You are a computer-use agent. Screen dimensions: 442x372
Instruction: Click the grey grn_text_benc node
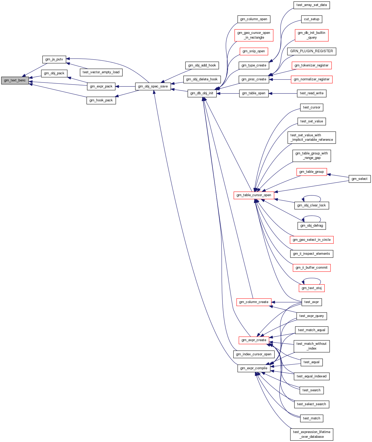pyautogui.click(x=15, y=80)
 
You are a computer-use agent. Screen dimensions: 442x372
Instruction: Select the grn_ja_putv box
pyautogui.click(x=54, y=59)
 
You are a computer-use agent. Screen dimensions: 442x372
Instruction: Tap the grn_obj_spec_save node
pyautogui.click(x=153, y=86)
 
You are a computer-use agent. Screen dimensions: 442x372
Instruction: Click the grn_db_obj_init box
pyautogui.click(x=202, y=93)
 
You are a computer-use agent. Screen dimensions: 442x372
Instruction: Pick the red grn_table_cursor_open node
pyautogui.click(x=254, y=195)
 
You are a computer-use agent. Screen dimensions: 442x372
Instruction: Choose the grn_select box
pyautogui.click(x=359, y=179)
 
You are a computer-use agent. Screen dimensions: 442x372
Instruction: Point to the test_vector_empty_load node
pyautogui.click(x=101, y=72)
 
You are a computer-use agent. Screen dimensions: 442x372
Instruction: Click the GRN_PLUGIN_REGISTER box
pyautogui.click(x=312, y=51)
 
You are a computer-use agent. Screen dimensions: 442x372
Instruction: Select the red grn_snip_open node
pyautogui.click(x=254, y=51)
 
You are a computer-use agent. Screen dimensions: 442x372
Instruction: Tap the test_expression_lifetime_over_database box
pyautogui.click(x=312, y=434)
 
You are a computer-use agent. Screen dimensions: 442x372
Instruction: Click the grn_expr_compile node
pyautogui.click(x=254, y=368)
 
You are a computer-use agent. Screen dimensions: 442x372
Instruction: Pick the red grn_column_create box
pyautogui.click(x=254, y=302)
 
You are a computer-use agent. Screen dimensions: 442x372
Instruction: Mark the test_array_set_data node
pyautogui.click(x=312, y=5)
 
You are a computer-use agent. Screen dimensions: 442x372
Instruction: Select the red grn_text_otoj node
pyautogui.click(x=312, y=288)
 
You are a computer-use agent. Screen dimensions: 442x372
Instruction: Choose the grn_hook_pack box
pyautogui.click(x=101, y=100)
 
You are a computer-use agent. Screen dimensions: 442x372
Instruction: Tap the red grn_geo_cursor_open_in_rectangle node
pyautogui.click(x=254, y=35)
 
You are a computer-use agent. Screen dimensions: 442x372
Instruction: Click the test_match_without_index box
pyautogui.click(x=312, y=346)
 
